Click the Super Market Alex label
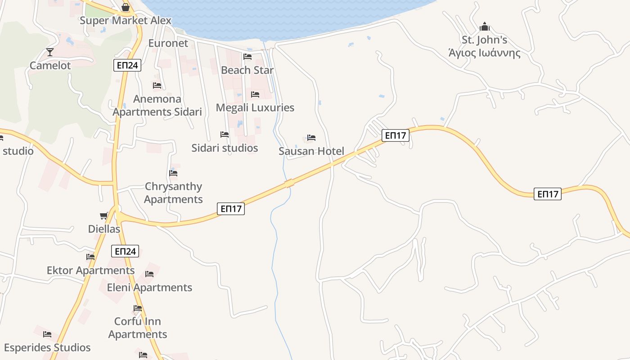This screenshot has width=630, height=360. point(126,21)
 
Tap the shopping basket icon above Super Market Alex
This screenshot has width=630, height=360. point(126,7)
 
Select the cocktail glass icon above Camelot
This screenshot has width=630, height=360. point(49,52)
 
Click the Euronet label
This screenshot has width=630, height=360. point(168,43)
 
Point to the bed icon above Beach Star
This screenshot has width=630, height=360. point(247,57)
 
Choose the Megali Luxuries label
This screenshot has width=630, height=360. point(255,108)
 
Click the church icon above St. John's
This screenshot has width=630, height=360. point(484,27)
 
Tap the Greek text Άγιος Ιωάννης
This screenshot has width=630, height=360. point(484,54)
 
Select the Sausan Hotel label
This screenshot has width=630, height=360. point(311,151)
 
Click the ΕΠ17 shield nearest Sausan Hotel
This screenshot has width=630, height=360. point(396,135)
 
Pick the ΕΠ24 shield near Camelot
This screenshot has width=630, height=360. point(127,65)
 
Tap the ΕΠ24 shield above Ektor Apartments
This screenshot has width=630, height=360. point(125,251)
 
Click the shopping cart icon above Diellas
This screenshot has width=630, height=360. point(104,216)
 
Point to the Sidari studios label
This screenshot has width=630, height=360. point(225,148)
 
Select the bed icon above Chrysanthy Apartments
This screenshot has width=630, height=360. point(173,173)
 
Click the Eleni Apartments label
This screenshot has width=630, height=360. point(149,288)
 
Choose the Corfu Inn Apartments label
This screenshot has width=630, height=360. point(138,328)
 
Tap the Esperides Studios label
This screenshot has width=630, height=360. point(47,348)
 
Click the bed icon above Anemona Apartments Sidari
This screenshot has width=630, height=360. point(157,85)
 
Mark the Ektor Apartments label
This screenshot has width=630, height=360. point(90,270)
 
